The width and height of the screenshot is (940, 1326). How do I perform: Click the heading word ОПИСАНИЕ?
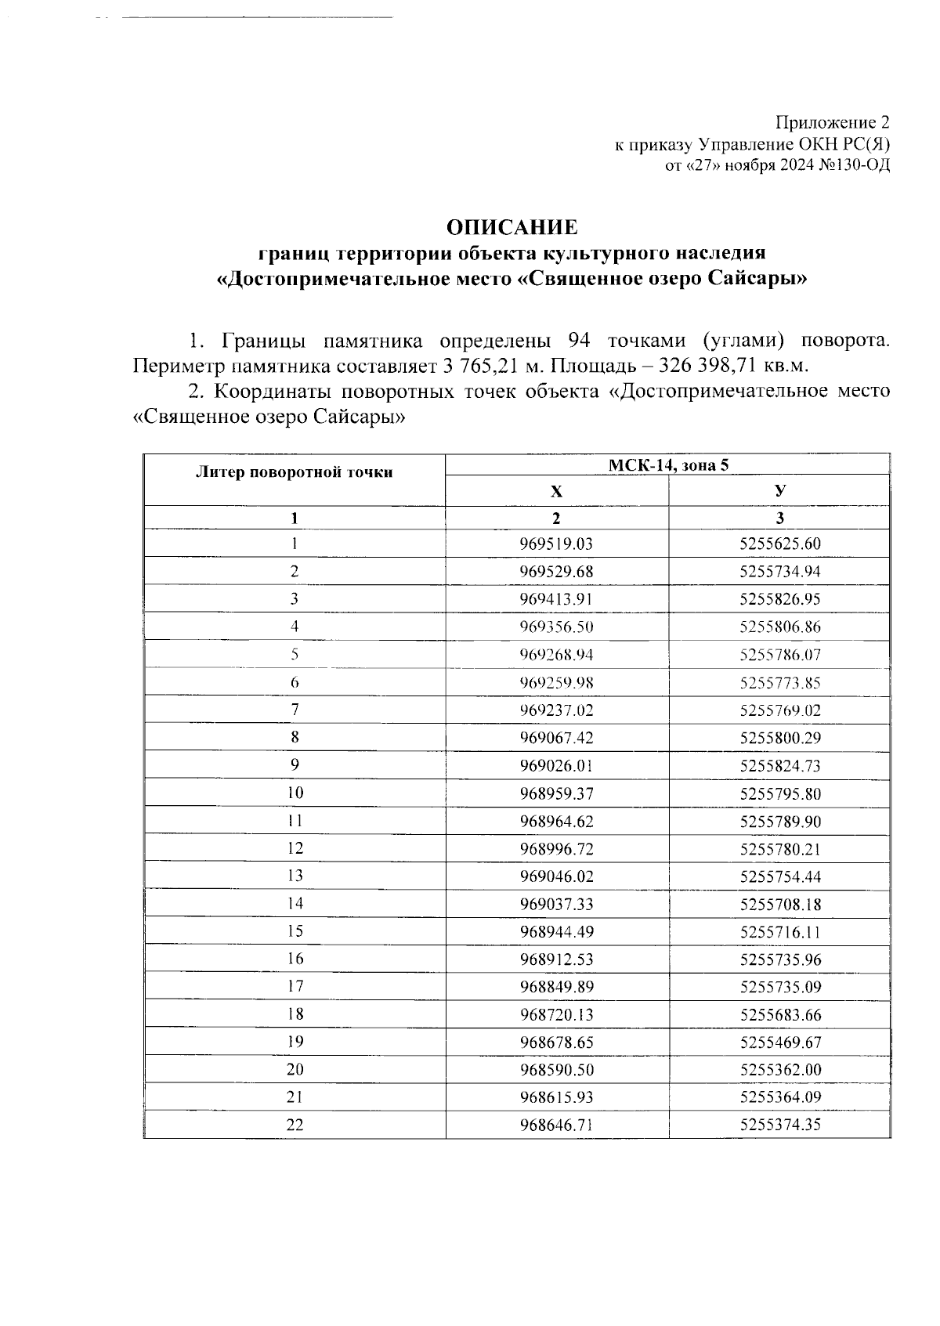[x=512, y=227]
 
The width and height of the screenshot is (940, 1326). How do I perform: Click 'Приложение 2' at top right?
[x=833, y=123]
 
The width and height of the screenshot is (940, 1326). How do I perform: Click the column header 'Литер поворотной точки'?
[x=294, y=472]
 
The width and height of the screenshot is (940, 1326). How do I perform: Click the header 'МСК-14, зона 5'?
[x=668, y=465]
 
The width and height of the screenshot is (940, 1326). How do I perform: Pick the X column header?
[x=556, y=492]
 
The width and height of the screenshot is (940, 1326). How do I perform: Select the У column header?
[x=779, y=491]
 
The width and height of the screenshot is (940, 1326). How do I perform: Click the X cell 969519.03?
[x=556, y=544]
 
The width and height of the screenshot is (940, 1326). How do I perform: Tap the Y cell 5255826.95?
[x=779, y=599]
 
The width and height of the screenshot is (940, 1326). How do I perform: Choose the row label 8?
[x=295, y=737]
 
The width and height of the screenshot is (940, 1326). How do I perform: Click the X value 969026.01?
[x=556, y=765]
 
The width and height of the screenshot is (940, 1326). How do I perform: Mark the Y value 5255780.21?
[x=779, y=849]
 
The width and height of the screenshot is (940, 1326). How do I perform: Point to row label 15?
[x=295, y=931]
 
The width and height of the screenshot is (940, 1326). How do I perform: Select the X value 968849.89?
[x=556, y=987]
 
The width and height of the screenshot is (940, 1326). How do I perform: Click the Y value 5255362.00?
[x=779, y=1070]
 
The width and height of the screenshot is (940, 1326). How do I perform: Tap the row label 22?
[x=295, y=1125]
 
